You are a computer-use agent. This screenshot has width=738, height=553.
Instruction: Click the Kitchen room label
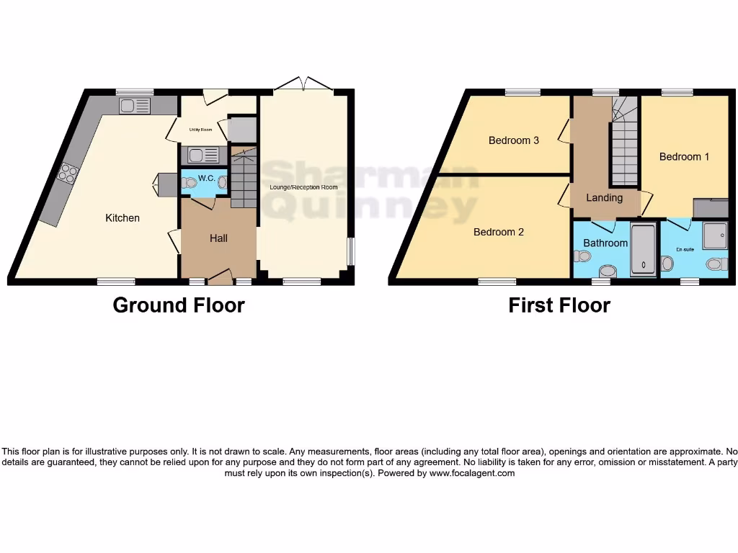(x=123, y=217)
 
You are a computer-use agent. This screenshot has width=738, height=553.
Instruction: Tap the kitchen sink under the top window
(x=135, y=106)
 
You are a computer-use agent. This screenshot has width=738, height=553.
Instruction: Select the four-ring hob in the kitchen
(x=69, y=172)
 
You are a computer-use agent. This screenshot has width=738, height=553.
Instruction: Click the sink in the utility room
(x=197, y=154)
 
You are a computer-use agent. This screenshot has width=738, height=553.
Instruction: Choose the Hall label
(x=218, y=238)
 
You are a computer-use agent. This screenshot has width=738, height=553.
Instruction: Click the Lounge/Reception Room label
(x=303, y=187)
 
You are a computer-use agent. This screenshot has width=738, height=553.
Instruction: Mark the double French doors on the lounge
(x=303, y=84)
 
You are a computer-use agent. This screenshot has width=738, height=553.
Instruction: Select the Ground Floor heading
(x=179, y=305)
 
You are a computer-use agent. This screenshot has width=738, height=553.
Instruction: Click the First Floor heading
(x=559, y=305)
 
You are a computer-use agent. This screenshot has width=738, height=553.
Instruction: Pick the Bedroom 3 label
(x=514, y=140)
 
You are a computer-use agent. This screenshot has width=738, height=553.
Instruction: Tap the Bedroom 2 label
(x=498, y=232)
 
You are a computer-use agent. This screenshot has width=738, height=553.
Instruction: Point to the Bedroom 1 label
(x=684, y=156)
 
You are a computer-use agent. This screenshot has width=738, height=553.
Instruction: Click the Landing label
(x=604, y=197)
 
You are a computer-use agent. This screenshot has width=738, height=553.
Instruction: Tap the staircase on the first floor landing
(x=623, y=151)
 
